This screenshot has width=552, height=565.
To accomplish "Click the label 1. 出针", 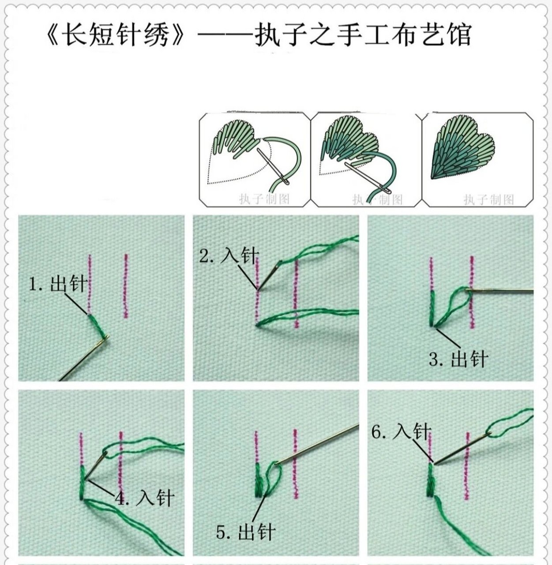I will coord(57,284).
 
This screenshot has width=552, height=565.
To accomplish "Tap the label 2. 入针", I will coord(229,256).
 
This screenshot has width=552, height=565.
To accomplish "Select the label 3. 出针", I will coord(457,359).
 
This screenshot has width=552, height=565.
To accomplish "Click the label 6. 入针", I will coord(401,431).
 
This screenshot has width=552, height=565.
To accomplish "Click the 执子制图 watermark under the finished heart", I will coord(488,200).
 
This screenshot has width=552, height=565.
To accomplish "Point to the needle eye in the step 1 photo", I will coord(105,339).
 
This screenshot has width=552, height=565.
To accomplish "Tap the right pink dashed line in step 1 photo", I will coord(126,286).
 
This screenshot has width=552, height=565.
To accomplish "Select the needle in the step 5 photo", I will coord(318,444).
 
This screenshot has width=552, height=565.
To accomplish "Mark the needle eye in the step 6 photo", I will coord(488,433).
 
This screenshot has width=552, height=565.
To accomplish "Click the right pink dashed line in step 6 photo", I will coord(467,466).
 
